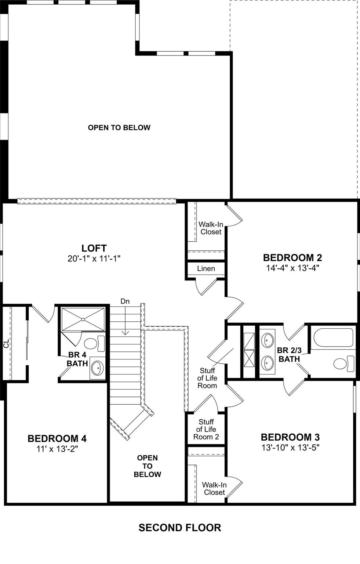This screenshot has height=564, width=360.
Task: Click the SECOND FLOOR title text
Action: tap(180, 528)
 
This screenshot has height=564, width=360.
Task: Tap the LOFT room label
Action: tap(94, 248)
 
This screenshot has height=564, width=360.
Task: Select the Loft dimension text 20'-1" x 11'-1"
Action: tap(94, 258)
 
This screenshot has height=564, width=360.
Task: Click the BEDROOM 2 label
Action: tap(292, 257)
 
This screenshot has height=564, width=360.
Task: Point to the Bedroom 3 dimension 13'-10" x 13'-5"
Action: tap(290, 448)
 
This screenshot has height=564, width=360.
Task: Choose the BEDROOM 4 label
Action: tap(57, 438)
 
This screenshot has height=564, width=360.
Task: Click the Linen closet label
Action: tap(206, 269)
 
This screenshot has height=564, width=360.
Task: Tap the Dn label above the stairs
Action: tap(125, 301)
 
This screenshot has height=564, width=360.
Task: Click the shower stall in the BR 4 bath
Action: tap(83, 319)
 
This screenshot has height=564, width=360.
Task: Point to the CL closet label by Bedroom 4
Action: tap(6, 344)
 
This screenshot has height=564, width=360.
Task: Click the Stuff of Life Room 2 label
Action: tap(206, 429)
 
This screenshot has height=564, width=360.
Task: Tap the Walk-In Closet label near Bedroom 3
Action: tap(214, 488)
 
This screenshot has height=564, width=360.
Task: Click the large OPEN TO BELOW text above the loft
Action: tap(119, 128)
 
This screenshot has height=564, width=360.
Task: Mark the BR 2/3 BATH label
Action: tap(289, 355)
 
